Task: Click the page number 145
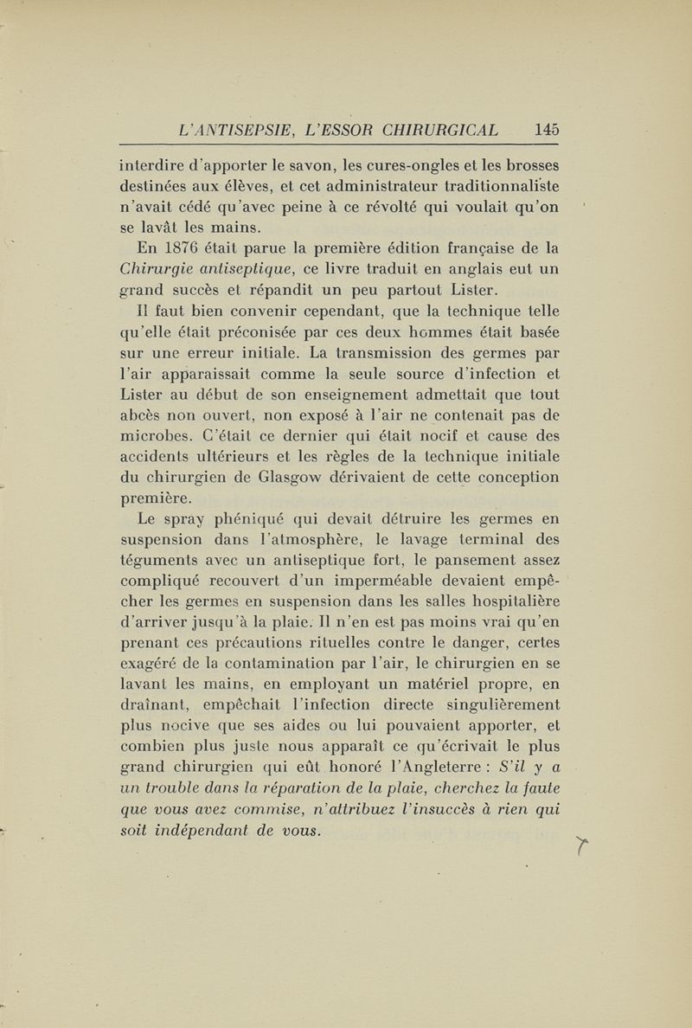[547, 130]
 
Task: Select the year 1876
[181, 250]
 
